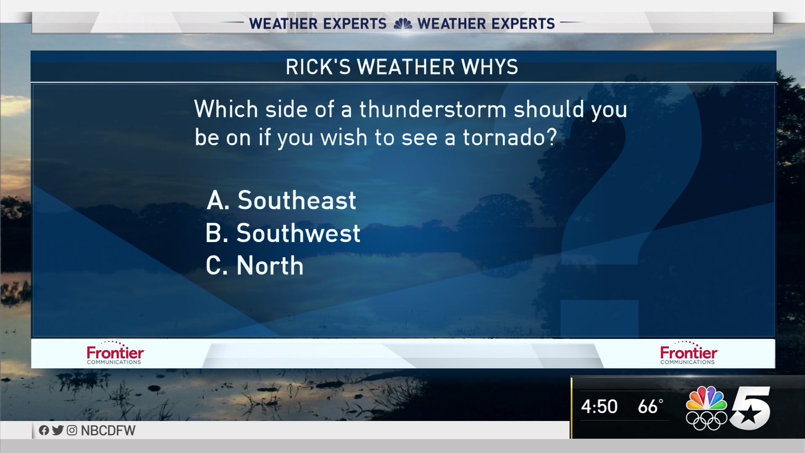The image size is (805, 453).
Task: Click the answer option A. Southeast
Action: point(281,200)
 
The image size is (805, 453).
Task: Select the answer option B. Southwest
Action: point(283,233)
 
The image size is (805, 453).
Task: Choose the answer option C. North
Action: point(254,266)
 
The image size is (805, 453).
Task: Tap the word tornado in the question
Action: point(510,137)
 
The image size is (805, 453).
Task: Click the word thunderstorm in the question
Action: point(433,109)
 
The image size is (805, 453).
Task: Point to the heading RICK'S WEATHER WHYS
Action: point(402,67)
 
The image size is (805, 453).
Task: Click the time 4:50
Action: point(599,406)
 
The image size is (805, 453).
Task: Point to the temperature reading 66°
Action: point(650,406)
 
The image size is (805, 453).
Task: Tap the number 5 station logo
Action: point(750,408)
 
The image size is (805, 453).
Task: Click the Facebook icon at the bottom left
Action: point(44,430)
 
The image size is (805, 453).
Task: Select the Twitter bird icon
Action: point(58,430)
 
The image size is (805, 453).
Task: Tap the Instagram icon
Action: point(72,430)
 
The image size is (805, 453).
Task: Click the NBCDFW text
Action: point(108,431)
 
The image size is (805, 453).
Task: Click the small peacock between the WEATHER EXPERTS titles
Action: point(402,24)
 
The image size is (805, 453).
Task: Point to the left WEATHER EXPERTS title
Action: point(318,24)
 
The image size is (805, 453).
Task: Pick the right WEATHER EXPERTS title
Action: point(486,24)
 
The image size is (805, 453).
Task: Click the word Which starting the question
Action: point(226,109)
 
